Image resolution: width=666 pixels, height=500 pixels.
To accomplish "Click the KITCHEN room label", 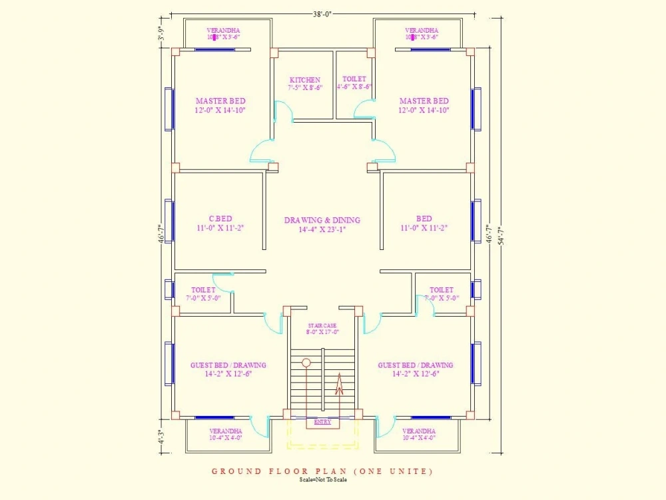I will [304, 80].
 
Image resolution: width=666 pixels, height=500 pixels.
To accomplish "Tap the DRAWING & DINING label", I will [322, 220].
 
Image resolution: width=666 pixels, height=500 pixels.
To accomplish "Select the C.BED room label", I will [220, 219].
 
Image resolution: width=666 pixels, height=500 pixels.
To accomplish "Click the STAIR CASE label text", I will [322, 325].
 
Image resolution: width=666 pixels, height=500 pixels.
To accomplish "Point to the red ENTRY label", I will [322, 421].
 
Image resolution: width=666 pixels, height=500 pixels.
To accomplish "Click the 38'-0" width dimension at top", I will [322, 11].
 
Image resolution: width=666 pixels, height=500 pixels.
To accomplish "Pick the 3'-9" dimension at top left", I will [161, 33].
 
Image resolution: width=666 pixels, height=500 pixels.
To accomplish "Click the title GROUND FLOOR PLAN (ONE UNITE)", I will [322, 471].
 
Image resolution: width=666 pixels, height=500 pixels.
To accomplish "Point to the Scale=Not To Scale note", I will [322, 479].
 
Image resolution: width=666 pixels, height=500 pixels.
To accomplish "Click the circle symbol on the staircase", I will [306, 363].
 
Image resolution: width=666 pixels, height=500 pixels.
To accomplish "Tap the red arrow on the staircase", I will [338, 387].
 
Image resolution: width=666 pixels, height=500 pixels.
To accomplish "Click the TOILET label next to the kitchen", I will [354, 79].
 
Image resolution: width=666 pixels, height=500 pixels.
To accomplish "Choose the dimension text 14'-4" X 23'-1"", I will [322, 230].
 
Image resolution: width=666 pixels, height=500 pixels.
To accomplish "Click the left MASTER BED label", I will [220, 101].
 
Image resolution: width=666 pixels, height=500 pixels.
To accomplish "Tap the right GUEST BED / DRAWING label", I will [416, 365].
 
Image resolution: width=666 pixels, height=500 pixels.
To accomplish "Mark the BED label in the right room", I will [424, 219].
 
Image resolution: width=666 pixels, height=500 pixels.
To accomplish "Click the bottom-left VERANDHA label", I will [225, 431].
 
